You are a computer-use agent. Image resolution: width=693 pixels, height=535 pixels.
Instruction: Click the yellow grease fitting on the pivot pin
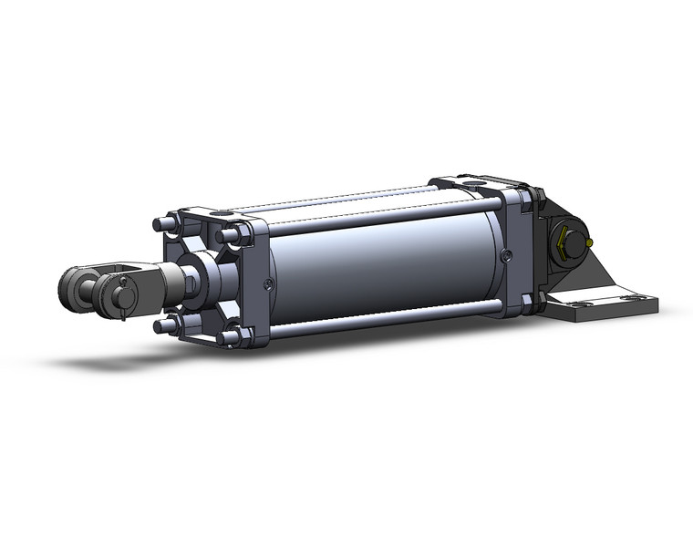591,243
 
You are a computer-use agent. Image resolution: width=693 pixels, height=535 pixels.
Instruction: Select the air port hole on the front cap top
220,218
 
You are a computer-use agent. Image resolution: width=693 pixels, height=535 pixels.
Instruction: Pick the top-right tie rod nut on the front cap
232,234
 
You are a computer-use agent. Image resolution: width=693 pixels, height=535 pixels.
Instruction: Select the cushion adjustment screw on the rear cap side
507,254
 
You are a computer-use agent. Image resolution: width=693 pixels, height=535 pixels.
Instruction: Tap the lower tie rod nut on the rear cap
527,301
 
